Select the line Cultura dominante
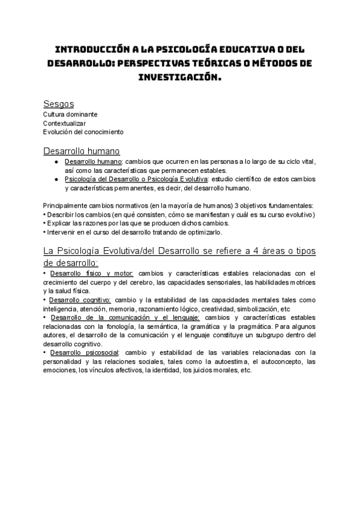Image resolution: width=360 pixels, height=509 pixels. coord(70,114)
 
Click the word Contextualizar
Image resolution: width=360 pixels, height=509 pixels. coord(64,123)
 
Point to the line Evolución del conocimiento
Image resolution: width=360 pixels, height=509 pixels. coord(83,131)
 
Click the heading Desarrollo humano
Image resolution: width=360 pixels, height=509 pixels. coord(82,151)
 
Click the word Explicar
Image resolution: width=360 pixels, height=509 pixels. coord(60,223)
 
